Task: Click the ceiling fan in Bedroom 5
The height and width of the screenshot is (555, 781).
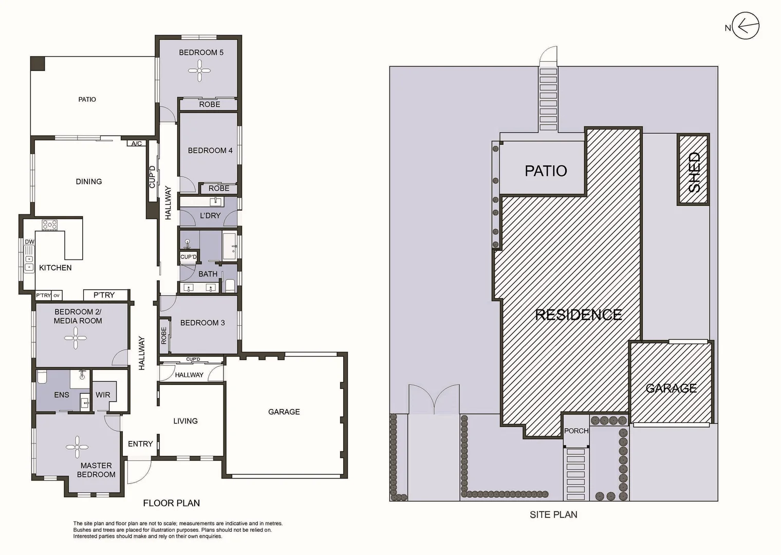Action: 199,70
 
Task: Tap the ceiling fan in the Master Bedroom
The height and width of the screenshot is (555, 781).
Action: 77,447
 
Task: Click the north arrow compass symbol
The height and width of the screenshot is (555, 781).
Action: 745,26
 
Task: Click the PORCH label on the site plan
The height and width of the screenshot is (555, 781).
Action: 576,431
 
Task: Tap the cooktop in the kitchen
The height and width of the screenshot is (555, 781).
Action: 50,225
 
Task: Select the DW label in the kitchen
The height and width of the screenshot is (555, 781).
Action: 29,242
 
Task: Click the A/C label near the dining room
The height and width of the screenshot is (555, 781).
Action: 137,143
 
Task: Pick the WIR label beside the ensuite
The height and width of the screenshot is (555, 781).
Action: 103,395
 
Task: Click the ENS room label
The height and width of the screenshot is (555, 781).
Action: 62,395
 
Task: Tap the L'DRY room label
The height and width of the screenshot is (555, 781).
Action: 210,215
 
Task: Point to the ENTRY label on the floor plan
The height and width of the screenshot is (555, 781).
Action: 140,443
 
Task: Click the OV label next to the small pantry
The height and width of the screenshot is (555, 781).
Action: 57,295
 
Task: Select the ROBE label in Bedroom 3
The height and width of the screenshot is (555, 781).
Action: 164,336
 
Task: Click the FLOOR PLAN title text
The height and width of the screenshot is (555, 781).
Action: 171,503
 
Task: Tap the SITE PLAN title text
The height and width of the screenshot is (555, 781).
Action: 553,514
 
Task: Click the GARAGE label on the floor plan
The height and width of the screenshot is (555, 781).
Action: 284,412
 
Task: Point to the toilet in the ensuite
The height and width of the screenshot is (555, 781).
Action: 42,377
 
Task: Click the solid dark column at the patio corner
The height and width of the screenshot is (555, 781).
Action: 38,64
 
